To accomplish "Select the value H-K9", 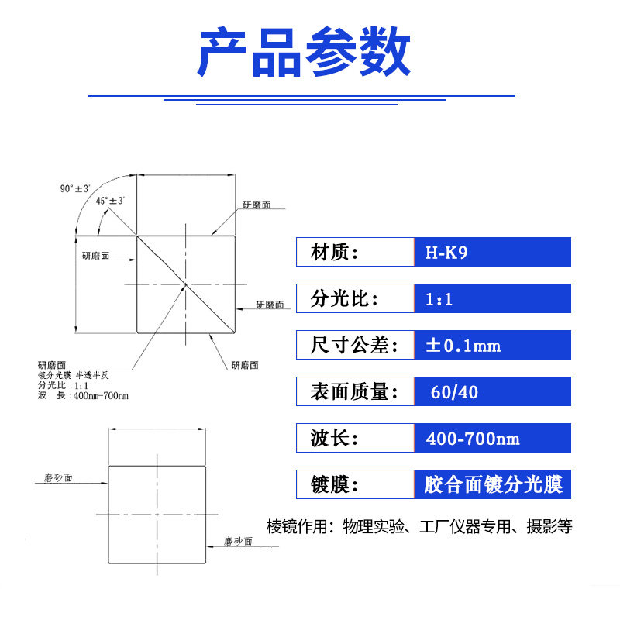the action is pos(447,253).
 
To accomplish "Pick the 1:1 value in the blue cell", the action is pos(439,299).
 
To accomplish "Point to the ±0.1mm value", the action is pos(463,346).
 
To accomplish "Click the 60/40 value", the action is pos(456,392).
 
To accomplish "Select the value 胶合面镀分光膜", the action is pos(492,485).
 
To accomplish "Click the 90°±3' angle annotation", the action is pos(75,188).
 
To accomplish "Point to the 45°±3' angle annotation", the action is pos(110,201).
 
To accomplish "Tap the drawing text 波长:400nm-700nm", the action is pos(82,396).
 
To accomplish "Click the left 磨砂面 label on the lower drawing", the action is pos(53,479).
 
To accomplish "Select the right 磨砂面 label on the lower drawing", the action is pos(237,542).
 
